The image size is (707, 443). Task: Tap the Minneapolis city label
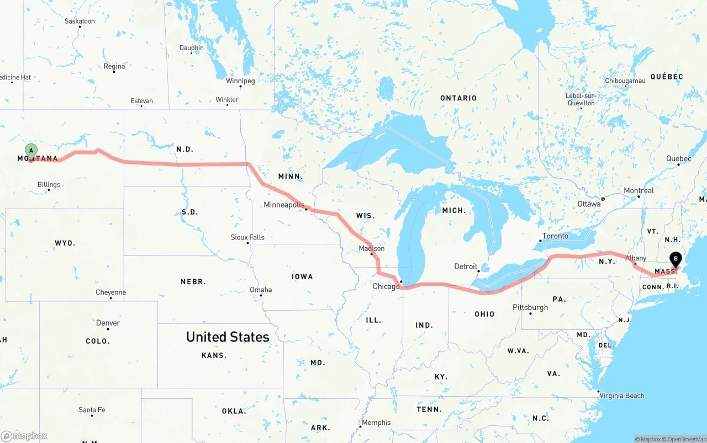coord(284,205)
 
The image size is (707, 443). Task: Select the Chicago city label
coord(386,286)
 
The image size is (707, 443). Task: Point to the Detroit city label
coord(466,266)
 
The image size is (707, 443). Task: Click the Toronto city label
coord(555,236)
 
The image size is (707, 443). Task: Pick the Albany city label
coord(636,258)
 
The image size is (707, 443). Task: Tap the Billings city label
coord(49,184)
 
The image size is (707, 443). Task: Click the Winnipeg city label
coord(240,81)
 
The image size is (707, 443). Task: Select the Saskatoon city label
coord(80,21)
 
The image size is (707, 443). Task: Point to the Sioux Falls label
coord(247,237)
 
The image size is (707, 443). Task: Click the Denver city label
coord(108,323)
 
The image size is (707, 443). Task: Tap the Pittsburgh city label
coord(530,307)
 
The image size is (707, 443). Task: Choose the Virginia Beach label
coord(622,396)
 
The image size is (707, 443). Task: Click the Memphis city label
coord(376,423)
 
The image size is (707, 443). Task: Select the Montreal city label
coord(639,190)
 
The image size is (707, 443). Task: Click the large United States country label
coord(228,337)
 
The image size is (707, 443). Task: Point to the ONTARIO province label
coord(458,98)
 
